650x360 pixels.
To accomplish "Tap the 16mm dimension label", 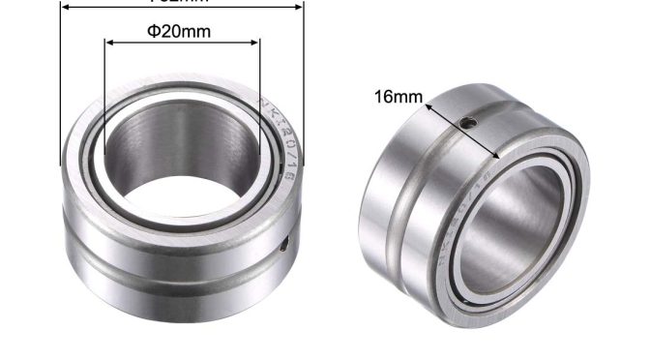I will coord(399,96).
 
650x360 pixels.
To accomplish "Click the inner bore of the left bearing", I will coord(180,160).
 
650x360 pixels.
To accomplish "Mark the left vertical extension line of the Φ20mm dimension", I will coord(104,97).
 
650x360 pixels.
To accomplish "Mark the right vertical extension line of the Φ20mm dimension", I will coord(259,97).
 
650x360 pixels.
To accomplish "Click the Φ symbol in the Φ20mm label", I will coord(153,31).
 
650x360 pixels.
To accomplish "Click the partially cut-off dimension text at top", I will coord(183,2).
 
